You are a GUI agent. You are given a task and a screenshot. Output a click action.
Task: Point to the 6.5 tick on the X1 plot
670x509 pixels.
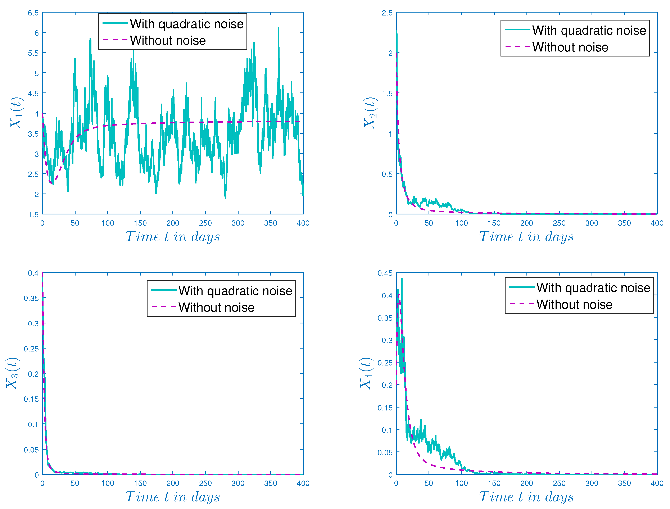click(x=33, y=13)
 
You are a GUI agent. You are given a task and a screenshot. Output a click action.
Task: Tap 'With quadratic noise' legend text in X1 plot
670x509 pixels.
click(x=186, y=24)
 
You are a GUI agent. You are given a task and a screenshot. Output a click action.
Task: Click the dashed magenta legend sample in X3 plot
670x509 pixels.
click(x=164, y=307)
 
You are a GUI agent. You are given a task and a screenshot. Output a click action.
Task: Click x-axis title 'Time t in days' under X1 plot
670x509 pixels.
click(x=172, y=237)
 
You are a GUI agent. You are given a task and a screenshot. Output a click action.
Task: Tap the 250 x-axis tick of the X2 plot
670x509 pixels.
click(x=559, y=223)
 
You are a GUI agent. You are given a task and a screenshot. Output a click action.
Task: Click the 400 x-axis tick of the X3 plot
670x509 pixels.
click(x=303, y=483)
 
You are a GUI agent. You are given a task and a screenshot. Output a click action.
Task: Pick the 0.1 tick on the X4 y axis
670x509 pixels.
click(x=387, y=430)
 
